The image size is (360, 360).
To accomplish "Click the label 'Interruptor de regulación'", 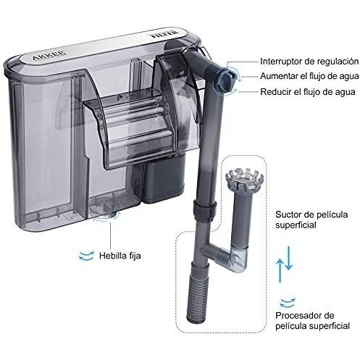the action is [x=309, y=62].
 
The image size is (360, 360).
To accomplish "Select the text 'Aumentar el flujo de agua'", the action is [x=309, y=76].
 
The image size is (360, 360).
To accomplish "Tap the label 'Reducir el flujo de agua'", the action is [x=308, y=92].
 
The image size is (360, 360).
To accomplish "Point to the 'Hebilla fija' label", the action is [x=120, y=256].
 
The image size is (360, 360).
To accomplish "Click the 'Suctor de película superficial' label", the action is [x=311, y=219].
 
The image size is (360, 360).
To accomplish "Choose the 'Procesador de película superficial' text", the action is [x=312, y=321].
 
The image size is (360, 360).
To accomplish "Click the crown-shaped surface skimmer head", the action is [x=242, y=180].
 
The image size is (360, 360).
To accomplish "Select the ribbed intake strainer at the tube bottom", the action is [x=197, y=293].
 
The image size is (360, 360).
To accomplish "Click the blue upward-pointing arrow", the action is [x=280, y=270].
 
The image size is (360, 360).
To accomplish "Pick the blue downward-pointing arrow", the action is [x=289, y=258].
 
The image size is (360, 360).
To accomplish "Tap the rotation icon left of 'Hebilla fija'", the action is [x=86, y=256].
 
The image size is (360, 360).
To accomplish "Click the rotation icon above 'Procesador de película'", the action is [x=288, y=303].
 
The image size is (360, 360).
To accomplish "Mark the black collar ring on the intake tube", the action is [x=205, y=209].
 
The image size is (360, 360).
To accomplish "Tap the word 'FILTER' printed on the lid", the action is [x=164, y=33].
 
